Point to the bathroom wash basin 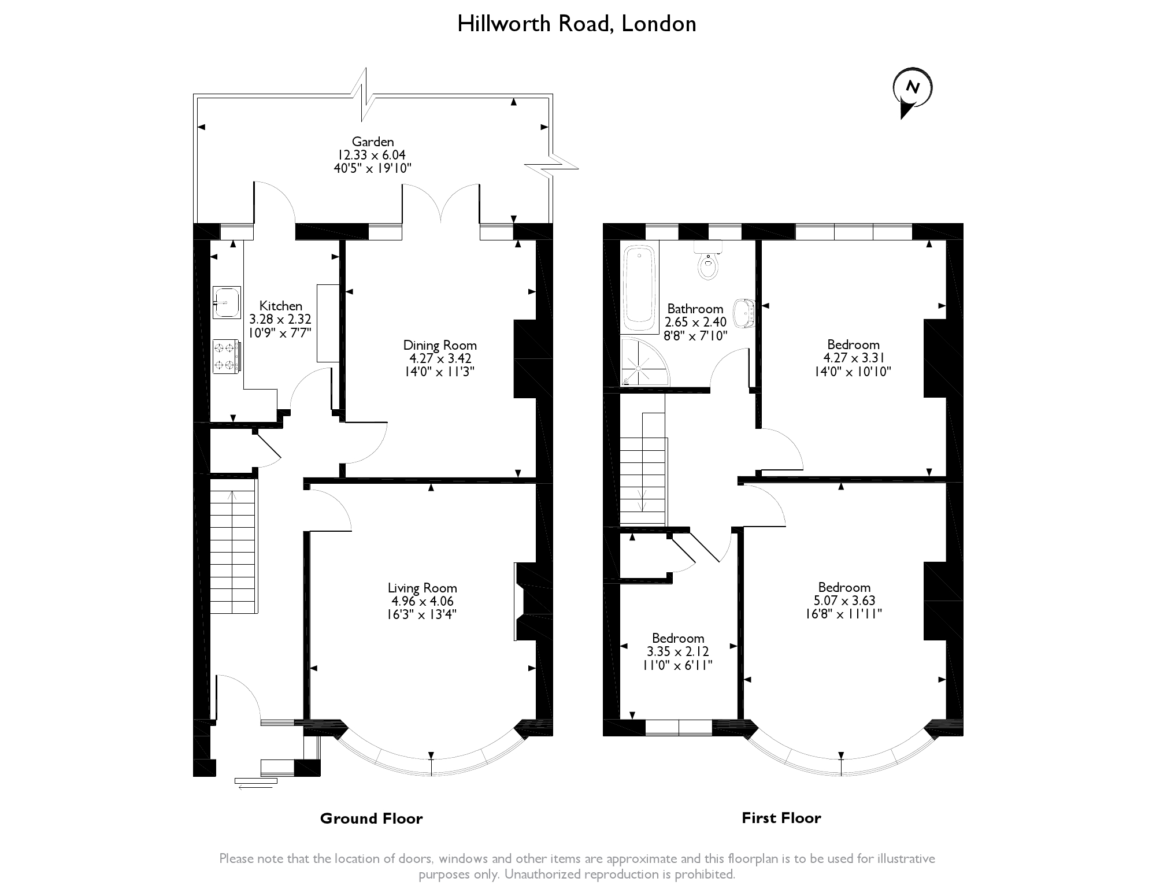[744, 312]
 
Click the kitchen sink [227, 302]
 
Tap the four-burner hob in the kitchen [226, 356]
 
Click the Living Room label [422, 588]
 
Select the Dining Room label [440, 345]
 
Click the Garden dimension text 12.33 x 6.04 [373, 155]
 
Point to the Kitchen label [280, 306]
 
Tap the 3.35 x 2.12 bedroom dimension [678, 651]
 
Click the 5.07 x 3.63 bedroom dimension [844, 601]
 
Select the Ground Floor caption [371, 818]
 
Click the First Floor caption [781, 818]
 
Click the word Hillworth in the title [503, 24]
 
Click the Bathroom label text [695, 309]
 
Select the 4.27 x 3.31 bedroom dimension [853, 358]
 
